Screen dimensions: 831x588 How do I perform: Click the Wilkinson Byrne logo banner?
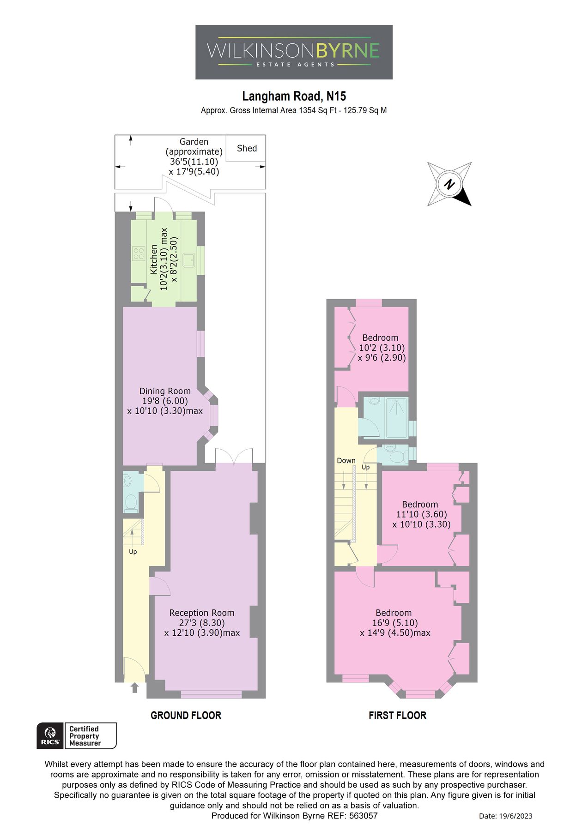[294, 52]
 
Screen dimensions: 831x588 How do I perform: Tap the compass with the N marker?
[449, 184]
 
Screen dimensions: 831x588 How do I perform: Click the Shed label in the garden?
[247, 148]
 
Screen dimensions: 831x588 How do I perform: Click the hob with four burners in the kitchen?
[139, 253]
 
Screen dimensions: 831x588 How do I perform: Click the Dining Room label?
[165, 391]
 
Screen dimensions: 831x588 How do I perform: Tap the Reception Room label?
[202, 613]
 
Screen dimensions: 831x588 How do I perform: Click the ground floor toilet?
[131, 503]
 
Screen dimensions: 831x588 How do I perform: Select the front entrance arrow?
[134, 688]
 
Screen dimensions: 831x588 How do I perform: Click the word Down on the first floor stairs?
[346, 461]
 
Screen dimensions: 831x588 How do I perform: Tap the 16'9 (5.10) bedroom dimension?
[393, 623]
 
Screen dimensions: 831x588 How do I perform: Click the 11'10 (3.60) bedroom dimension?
[421, 514]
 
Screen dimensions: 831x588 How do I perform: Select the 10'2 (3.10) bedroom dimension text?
[382, 348]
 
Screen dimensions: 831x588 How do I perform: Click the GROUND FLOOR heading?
[186, 715]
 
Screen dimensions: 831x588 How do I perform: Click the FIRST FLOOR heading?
[397, 715]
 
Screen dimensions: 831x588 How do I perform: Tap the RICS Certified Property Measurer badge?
[77, 736]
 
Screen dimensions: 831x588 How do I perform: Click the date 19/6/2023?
[505, 816]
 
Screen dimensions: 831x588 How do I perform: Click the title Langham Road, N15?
[294, 96]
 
